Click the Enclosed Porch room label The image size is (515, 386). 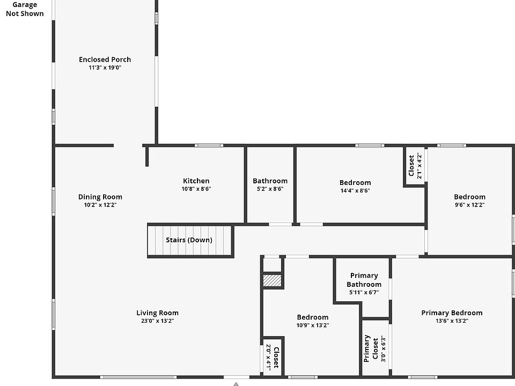pos(105,60)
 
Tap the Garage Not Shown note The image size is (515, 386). pos(25,9)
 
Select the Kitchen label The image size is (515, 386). pos(196,181)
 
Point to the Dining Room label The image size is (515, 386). pos(100,197)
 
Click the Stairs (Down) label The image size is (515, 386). pos(189,240)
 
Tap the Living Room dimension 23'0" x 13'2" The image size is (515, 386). pos(157,321)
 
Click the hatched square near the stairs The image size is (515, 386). pos(272,281)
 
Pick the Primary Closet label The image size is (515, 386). pos(371,348)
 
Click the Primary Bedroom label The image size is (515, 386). pos(451,313)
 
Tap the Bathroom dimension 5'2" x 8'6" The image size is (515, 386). pos(270,189)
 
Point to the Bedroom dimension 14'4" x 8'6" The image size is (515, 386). pos(355,190)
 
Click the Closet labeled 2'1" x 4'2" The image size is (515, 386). pos(415,166)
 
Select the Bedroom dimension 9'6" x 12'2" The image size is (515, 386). pos(469,205)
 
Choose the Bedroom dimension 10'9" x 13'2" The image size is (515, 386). pos(312,325)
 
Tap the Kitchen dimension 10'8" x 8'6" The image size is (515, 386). pos(196,189)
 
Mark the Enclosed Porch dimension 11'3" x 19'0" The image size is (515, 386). pos(105,68)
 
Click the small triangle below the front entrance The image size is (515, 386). pos(236,383)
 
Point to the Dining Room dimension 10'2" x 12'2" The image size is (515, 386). pos(100,205)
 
